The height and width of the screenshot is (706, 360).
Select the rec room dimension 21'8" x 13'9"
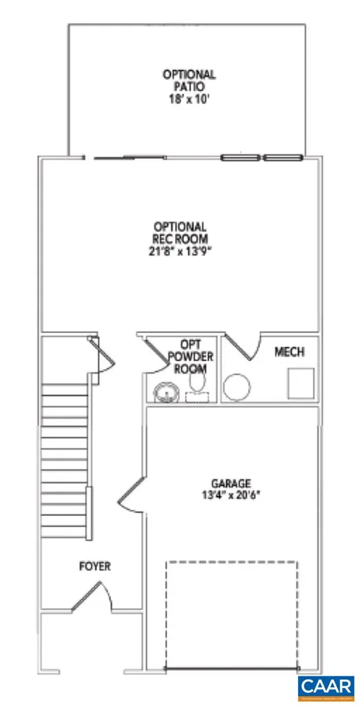click(x=179, y=250)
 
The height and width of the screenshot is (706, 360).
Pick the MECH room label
click(x=290, y=352)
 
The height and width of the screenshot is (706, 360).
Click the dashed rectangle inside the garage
click(x=232, y=614)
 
